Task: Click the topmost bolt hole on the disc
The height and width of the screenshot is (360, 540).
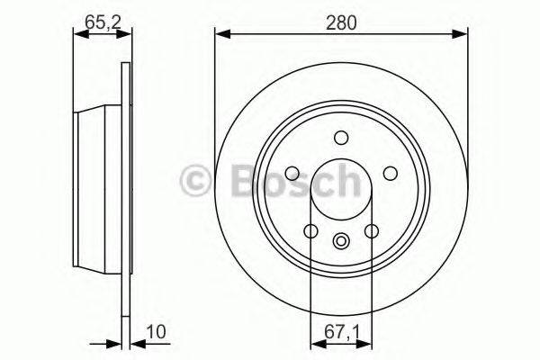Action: (341, 138)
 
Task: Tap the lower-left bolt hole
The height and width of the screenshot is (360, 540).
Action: (310, 232)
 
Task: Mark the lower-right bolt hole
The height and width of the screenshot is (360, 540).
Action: (371, 232)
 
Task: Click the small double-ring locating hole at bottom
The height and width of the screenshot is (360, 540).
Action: (341, 240)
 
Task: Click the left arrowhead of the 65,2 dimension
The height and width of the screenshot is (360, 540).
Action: (75, 35)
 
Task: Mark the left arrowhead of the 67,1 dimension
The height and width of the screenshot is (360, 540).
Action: (314, 341)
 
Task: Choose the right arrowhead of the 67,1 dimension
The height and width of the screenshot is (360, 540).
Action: (367, 341)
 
